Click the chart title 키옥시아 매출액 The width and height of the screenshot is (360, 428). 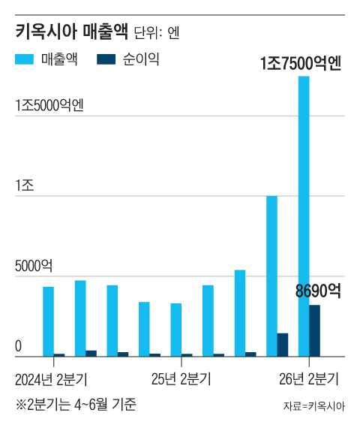click(71, 32)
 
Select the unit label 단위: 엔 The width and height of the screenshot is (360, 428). click(157, 33)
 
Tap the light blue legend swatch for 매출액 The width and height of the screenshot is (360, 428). click(24, 59)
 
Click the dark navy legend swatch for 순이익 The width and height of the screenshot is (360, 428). click(106, 59)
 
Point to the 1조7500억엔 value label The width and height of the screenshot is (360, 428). click(301, 63)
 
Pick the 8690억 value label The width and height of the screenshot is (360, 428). click(318, 291)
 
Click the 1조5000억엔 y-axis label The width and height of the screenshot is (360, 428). click(49, 105)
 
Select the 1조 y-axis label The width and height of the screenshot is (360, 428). click(25, 185)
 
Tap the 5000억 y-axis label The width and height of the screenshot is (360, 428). click(34, 266)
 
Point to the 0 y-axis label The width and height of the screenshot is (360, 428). click(18, 346)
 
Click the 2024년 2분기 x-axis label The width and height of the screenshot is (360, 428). click(51, 379)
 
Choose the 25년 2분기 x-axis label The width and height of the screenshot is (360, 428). click(181, 379)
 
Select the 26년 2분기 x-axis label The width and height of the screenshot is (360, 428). click(309, 379)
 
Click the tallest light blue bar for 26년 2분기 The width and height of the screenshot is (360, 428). click(304, 216)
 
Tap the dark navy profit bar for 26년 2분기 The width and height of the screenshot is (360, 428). click(314, 331)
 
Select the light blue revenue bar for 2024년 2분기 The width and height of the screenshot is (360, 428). click(48, 321)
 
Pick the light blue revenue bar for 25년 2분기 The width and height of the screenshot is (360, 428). click(176, 330)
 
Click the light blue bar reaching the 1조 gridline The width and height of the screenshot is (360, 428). click(272, 276)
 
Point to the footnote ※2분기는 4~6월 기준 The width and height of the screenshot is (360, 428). click(76, 405)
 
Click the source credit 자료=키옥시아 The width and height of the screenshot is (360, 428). click(314, 406)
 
